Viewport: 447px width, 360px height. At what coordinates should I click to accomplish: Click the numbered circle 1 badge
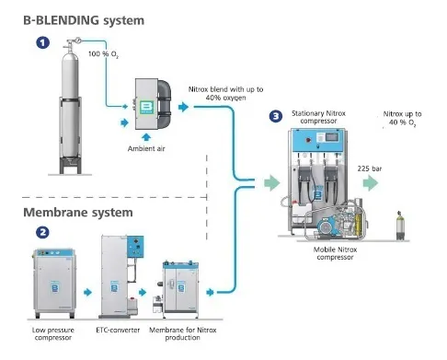pyautogui.click(x=43, y=42)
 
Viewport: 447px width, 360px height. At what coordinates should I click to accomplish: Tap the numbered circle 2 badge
pyautogui.click(x=42, y=232)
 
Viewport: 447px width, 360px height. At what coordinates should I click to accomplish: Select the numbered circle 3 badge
pyautogui.click(x=276, y=116)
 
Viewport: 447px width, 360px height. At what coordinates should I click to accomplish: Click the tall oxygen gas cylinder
pyautogui.click(x=70, y=106)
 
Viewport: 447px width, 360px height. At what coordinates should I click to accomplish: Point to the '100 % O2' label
pyautogui.click(x=103, y=54)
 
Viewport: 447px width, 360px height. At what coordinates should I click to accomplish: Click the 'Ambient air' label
pyautogui.click(x=146, y=148)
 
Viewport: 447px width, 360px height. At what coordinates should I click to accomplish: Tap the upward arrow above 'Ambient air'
pyautogui.click(x=146, y=137)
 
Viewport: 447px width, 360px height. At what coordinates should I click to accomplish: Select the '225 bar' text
pyautogui.click(x=370, y=168)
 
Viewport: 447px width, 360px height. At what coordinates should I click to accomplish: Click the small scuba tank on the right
pyautogui.click(x=399, y=226)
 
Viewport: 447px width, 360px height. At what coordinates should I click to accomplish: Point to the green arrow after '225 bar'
pyautogui.click(x=371, y=183)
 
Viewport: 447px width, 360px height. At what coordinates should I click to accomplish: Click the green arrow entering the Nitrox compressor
pyautogui.click(x=272, y=183)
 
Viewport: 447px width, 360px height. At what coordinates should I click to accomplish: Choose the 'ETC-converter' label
pyautogui.click(x=118, y=331)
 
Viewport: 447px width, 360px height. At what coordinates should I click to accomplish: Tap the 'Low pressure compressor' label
pyautogui.click(x=53, y=334)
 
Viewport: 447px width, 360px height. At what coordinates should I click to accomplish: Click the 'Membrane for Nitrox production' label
pyautogui.click(x=183, y=334)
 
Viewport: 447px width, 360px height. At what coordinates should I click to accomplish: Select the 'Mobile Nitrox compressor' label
pyautogui.click(x=335, y=253)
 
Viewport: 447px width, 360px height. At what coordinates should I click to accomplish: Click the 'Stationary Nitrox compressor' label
pyautogui.click(x=318, y=117)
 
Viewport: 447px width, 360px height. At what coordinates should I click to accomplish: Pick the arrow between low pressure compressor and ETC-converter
pyautogui.click(x=87, y=292)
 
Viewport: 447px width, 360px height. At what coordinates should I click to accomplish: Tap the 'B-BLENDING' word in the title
pyautogui.click(x=61, y=20)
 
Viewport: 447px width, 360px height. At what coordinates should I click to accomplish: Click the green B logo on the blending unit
pyautogui.click(x=146, y=107)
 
